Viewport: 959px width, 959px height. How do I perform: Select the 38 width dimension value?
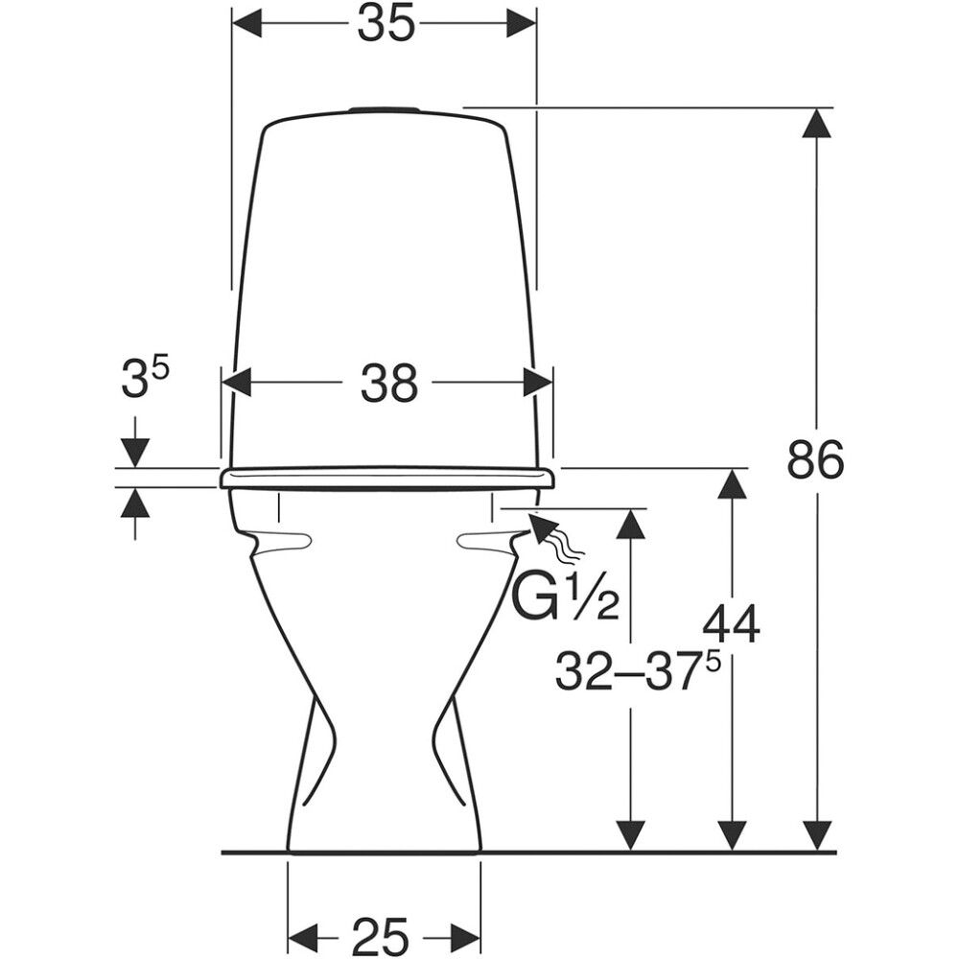[389, 384]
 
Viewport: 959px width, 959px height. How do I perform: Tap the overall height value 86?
[815, 460]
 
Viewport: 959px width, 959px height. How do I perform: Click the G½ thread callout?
[565, 596]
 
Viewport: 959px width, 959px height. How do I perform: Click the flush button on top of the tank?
[385, 110]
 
